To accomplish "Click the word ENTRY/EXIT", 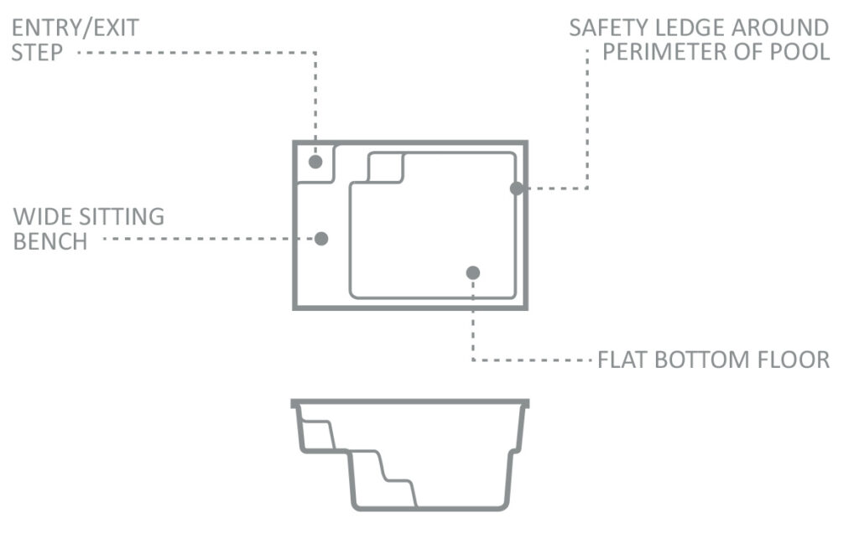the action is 75,28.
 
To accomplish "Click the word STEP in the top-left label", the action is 37,53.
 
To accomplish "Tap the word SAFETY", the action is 609,28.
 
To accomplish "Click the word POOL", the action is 800,52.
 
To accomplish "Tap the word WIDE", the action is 43,217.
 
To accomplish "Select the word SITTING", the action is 122,217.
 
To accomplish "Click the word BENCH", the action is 49,241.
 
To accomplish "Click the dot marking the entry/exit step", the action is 315,162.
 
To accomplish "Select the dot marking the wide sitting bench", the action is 321,239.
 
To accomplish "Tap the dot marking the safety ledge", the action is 517,189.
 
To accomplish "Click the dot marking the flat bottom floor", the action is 473,272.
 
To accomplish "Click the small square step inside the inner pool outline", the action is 386,168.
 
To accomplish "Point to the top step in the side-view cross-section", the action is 316,435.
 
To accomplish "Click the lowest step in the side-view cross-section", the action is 399,494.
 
